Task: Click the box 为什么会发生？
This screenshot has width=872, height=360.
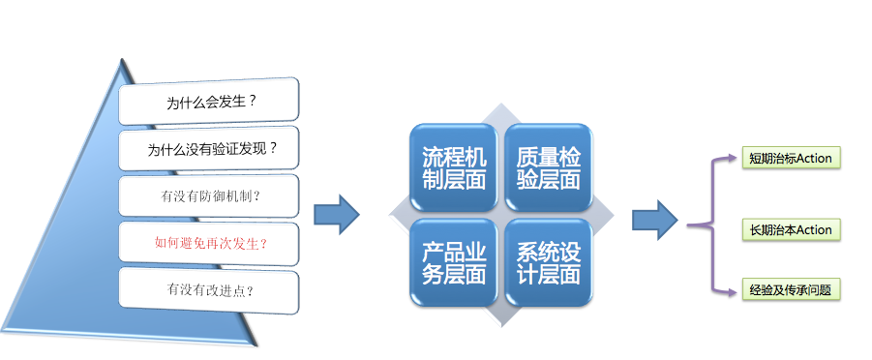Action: pyautogui.click(x=208, y=101)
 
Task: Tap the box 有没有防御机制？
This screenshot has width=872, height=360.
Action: pyautogui.click(x=208, y=195)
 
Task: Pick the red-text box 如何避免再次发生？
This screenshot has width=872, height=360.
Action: pyautogui.click(x=208, y=242)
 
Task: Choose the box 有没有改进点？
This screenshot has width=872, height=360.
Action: pyautogui.click(x=208, y=288)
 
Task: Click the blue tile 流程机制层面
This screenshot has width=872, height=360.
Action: pyautogui.click(x=454, y=167)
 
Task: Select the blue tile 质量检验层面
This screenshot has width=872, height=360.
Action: pyautogui.click(x=548, y=167)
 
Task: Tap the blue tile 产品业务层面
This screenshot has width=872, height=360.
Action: pyautogui.click(x=454, y=262)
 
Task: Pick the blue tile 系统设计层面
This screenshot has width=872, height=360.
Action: pyautogui.click(x=548, y=262)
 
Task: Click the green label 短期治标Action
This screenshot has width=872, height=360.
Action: pyautogui.click(x=790, y=158)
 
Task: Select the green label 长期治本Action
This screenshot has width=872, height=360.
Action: pyautogui.click(x=790, y=229)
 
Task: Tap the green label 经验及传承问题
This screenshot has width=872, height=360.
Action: pyautogui.click(x=790, y=289)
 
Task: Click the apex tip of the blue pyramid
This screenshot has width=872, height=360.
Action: pyautogui.click(x=123, y=61)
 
